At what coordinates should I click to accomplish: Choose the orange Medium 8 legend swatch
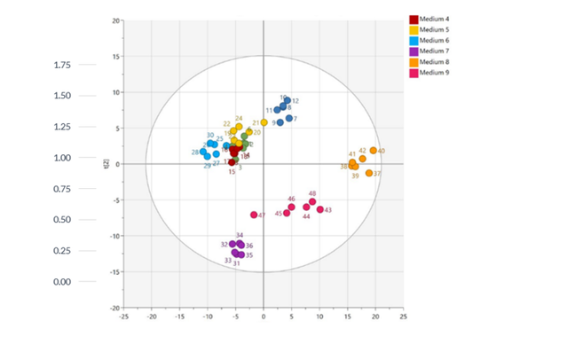click(x=413, y=61)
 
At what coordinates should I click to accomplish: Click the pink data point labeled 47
click(x=254, y=215)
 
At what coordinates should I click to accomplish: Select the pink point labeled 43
click(x=320, y=209)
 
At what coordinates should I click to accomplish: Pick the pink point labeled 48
click(x=312, y=201)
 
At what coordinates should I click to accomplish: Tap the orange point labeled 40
click(x=374, y=151)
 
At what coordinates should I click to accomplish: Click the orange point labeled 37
click(x=369, y=173)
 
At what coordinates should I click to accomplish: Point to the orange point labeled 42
click(x=362, y=159)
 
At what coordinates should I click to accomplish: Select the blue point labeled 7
click(x=289, y=118)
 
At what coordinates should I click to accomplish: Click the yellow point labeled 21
click(x=264, y=122)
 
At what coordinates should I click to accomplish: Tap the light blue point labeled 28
click(x=203, y=153)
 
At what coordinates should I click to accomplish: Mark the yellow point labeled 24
click(x=239, y=127)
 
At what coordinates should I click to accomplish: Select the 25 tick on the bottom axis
click(x=403, y=316)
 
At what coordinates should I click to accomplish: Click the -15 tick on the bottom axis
click(x=179, y=316)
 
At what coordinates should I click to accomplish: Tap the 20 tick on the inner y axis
click(x=116, y=20)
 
